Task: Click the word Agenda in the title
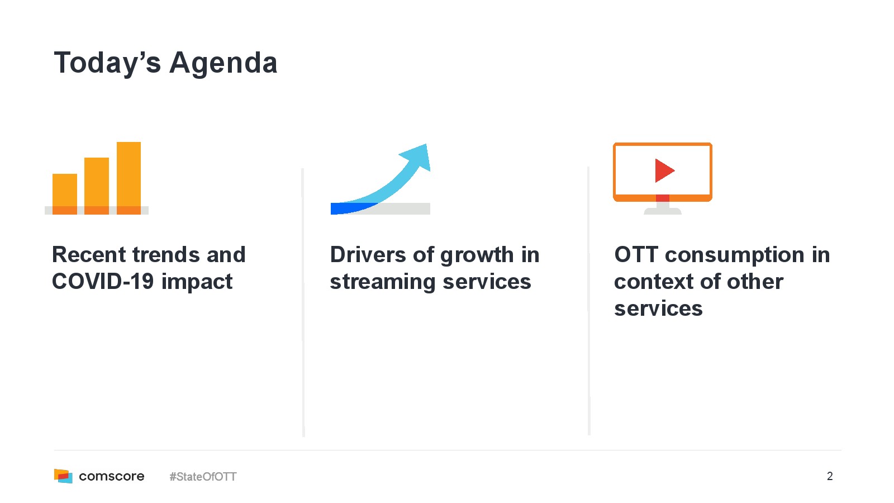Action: point(223,63)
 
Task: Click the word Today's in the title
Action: point(107,63)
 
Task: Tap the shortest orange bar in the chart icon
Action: point(65,194)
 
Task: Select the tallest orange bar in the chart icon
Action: point(129,178)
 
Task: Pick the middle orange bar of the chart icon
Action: point(97,186)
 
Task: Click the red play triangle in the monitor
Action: point(664,170)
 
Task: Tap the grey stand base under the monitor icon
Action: point(663,211)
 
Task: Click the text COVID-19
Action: point(103,282)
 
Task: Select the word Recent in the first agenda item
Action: point(89,255)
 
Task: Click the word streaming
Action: point(383,282)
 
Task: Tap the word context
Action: point(654,282)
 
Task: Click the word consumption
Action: point(735,255)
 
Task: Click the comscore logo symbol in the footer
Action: point(64,476)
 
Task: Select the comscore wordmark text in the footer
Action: point(112,476)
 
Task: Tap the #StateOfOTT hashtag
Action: point(203,477)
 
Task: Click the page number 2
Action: point(830,476)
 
